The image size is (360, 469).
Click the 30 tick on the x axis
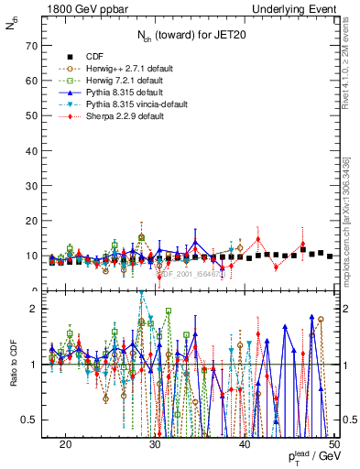point(155,442)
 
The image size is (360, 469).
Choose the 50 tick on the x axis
point(334,442)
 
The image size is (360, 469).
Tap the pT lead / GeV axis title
point(310,458)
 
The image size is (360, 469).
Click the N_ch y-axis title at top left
point(11,27)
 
